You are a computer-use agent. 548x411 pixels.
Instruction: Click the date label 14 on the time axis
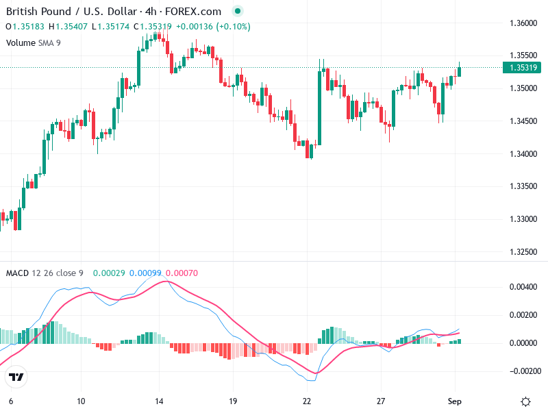[x=160, y=401]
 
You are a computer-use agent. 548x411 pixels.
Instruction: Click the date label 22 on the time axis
[x=307, y=401]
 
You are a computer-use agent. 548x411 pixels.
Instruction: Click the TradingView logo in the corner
[x=16, y=377]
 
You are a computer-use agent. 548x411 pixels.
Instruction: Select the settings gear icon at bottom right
[x=526, y=401]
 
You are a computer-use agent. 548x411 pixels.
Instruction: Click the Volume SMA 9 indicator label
[x=33, y=42]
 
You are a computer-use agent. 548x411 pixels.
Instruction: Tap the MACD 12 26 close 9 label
[x=45, y=273]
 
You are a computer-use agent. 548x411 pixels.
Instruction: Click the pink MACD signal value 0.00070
[x=182, y=273]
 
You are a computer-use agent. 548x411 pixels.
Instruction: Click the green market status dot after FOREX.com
[x=237, y=12]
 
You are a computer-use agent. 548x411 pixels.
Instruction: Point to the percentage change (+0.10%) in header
[x=234, y=27]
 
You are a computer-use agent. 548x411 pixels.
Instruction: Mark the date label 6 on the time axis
[x=10, y=401]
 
